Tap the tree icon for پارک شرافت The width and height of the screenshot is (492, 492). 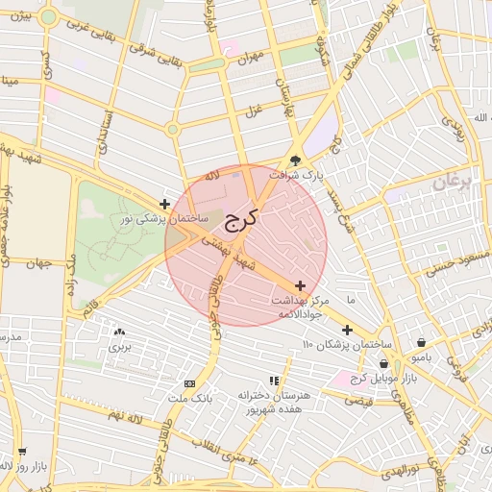[x=296, y=161]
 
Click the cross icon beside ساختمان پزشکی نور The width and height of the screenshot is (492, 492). [x=165, y=204]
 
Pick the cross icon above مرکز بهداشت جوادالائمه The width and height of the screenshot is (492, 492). [x=301, y=285]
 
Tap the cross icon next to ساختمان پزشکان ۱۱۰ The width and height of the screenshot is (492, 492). [x=347, y=330]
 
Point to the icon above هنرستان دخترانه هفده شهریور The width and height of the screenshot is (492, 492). [x=273, y=381]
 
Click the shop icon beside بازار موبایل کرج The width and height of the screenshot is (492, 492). [x=384, y=363]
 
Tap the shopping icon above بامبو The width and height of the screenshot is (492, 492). [x=422, y=342]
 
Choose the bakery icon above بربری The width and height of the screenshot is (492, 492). [x=119, y=331]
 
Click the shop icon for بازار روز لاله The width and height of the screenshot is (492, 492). [x=22, y=451]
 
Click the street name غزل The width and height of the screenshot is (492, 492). [x=254, y=111]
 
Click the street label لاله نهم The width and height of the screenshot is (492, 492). [x=125, y=414]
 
